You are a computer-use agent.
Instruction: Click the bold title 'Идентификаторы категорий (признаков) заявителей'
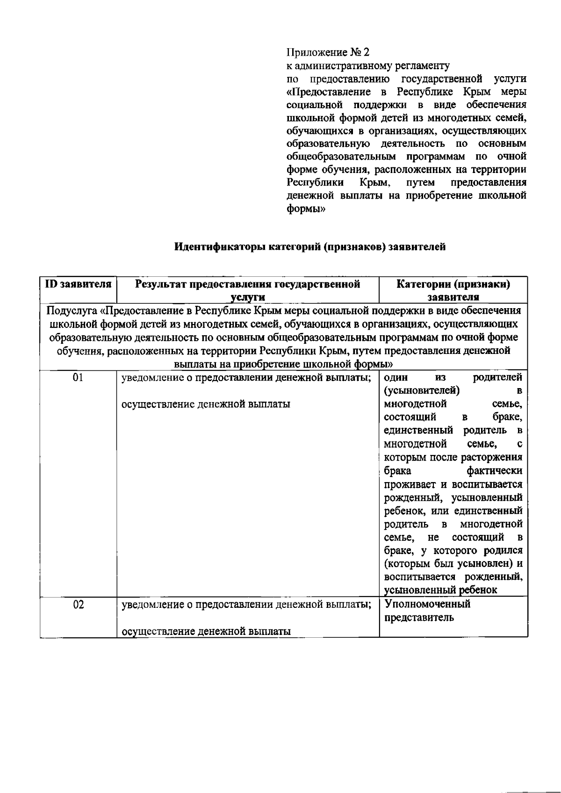point(309,247)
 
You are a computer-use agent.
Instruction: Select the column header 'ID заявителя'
point(78,284)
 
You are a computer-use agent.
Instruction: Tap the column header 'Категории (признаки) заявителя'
point(453,290)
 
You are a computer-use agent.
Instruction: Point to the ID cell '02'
point(78,605)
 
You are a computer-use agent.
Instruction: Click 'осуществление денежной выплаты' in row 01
point(206,404)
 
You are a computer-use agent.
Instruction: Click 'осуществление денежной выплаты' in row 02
point(206,632)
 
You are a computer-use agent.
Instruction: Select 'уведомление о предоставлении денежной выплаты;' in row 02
point(246,605)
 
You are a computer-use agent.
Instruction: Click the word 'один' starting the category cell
point(396,377)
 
